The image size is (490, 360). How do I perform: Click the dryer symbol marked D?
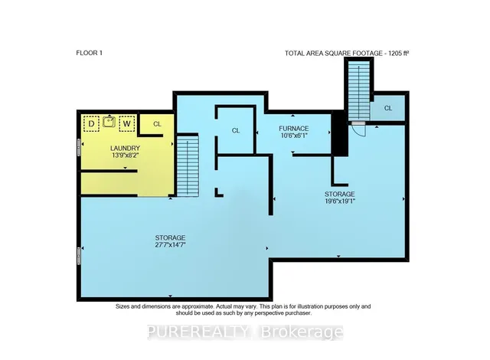[x=91, y=124]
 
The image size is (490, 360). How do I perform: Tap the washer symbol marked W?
[x=126, y=124]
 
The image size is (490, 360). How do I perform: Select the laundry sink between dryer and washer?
[x=109, y=121]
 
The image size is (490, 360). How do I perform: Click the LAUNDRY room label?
[x=125, y=148]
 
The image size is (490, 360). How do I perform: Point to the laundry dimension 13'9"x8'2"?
[x=125, y=155]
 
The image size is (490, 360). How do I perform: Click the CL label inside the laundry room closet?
[x=157, y=124]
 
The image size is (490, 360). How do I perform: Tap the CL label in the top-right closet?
[x=388, y=108]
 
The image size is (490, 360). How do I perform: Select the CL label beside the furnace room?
[x=236, y=131]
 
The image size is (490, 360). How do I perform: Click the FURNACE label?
[x=294, y=129]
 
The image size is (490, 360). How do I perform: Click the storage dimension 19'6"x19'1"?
[x=340, y=201]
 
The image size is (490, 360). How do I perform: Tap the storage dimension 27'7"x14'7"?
[x=170, y=244]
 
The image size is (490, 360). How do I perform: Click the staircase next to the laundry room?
[x=188, y=165]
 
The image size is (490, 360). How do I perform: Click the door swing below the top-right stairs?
[x=359, y=129]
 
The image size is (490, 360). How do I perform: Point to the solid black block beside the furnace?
[x=340, y=134]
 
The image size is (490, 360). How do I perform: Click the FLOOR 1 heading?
[x=89, y=53]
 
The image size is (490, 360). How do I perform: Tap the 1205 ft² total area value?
[x=399, y=54]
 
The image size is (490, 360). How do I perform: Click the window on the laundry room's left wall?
[x=79, y=148]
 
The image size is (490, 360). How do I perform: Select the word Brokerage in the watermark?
[x=302, y=332]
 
